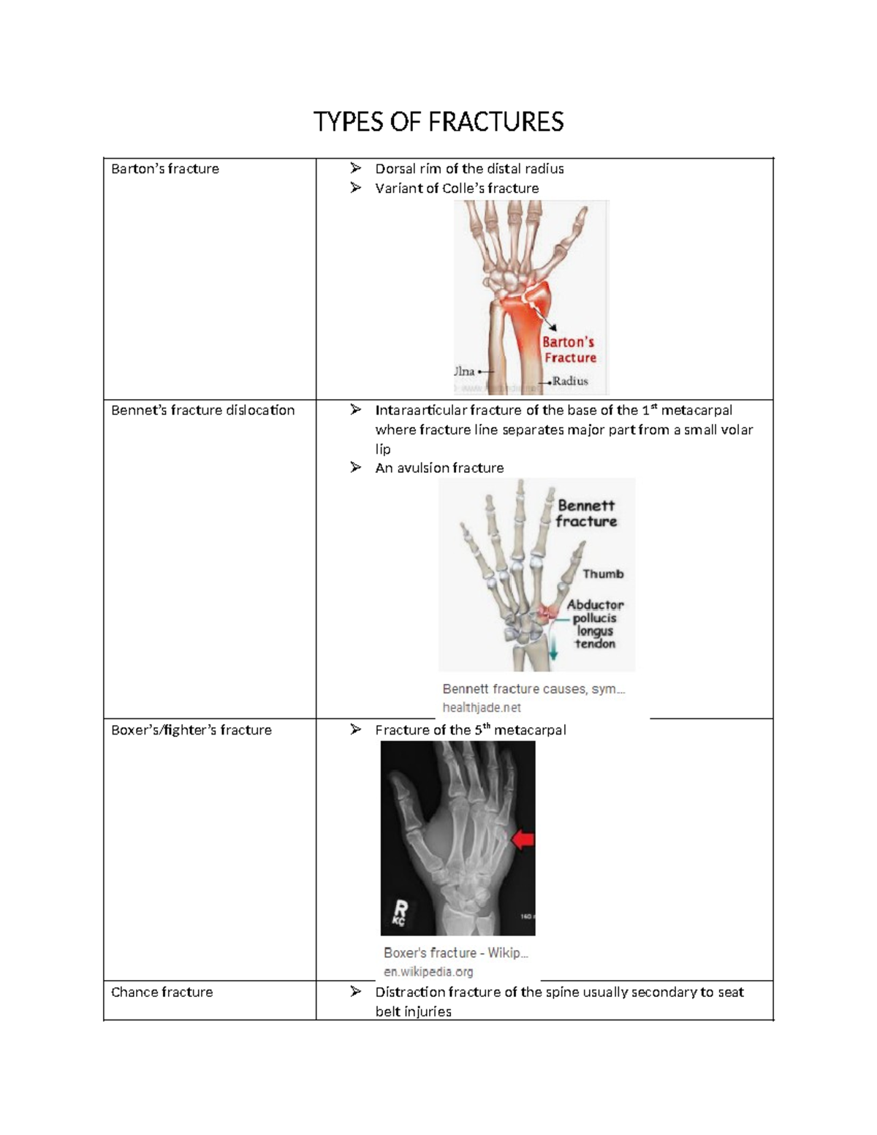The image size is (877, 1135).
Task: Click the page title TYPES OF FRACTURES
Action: (x=438, y=121)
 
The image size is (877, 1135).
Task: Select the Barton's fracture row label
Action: (x=165, y=169)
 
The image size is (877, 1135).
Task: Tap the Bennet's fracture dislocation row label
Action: (x=202, y=410)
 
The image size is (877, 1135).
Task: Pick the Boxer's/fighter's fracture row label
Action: (x=191, y=729)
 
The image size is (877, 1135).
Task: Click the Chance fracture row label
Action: (x=162, y=992)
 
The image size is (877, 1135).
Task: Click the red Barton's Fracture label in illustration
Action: (x=569, y=349)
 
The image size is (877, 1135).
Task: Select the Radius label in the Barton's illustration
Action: (x=569, y=381)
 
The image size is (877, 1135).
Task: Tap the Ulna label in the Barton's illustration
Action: (x=465, y=371)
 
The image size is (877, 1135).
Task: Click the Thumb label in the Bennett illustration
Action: (x=603, y=574)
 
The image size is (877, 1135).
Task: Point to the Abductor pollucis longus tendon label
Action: (x=595, y=624)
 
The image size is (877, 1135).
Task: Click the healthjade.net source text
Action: (x=482, y=707)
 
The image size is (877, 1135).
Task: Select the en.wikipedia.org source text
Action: (x=428, y=971)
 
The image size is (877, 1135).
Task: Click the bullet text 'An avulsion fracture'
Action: (x=439, y=468)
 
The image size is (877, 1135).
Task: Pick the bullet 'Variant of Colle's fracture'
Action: (x=457, y=188)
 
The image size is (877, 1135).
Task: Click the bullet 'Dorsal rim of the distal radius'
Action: (x=469, y=169)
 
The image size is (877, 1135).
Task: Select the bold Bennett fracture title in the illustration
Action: (x=586, y=513)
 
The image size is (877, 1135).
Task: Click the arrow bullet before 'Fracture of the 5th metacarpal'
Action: (x=355, y=729)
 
